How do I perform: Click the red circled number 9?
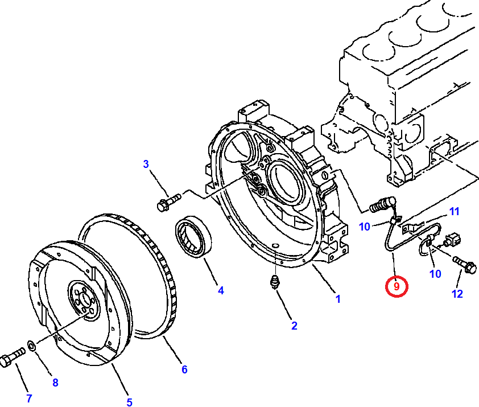(396, 286)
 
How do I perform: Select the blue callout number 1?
(337, 298)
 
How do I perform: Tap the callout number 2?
(294, 326)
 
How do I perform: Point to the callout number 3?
(146, 165)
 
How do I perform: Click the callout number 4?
(220, 290)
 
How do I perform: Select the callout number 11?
(453, 212)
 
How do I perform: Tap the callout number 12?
(457, 294)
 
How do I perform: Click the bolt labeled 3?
(168, 202)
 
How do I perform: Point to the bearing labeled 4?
(193, 235)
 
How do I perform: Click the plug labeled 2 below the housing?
(275, 282)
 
